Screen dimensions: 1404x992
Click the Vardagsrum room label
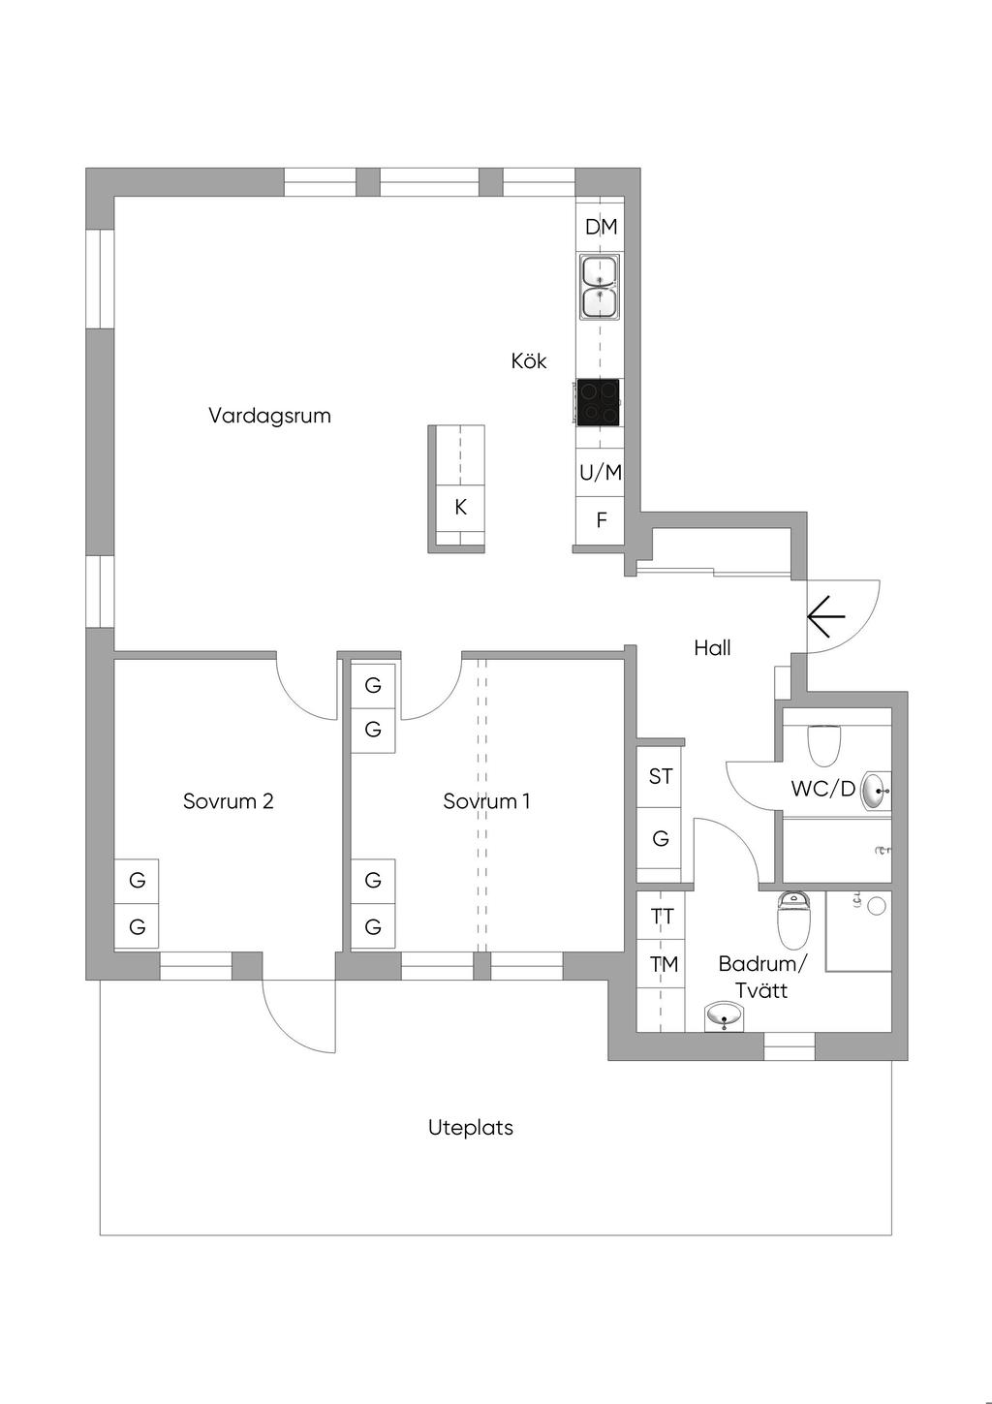(x=269, y=416)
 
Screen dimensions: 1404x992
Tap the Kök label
(x=529, y=360)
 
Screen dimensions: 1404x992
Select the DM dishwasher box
(x=601, y=227)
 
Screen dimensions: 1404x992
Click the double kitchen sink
(x=600, y=287)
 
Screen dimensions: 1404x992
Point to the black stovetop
(x=599, y=401)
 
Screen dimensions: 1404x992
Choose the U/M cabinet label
(x=601, y=473)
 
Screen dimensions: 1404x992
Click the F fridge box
(x=601, y=520)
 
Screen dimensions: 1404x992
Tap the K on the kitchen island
(x=460, y=507)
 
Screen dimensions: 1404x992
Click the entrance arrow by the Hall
(x=825, y=615)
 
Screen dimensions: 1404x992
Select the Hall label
(x=712, y=648)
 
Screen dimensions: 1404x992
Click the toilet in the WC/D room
(x=824, y=742)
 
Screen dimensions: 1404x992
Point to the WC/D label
(x=822, y=789)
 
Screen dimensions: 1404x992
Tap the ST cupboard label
(x=661, y=776)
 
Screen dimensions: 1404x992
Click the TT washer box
(x=663, y=916)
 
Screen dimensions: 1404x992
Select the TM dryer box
(x=664, y=964)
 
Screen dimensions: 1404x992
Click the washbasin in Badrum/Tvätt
(x=725, y=1015)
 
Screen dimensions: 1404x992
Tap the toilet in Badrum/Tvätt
(x=793, y=920)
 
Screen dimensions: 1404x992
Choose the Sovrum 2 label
(x=228, y=801)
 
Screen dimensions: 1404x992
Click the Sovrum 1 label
(x=486, y=801)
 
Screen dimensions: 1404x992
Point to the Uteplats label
(x=471, y=1128)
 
